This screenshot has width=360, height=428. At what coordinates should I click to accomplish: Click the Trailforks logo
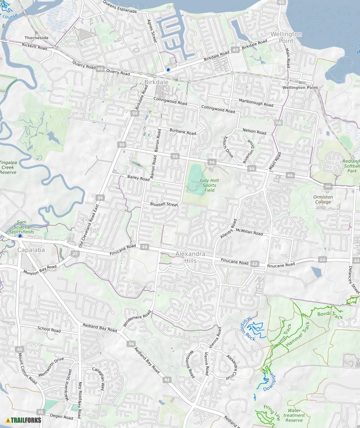tap(24, 420)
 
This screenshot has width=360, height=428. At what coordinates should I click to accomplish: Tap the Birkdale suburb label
tap(156, 82)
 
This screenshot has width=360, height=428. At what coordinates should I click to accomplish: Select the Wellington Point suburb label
tap(287, 37)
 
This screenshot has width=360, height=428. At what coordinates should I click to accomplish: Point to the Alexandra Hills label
tap(191, 257)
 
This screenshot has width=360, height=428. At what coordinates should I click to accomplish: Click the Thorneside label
tap(36, 38)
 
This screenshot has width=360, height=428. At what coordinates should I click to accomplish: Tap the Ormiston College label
tap(323, 200)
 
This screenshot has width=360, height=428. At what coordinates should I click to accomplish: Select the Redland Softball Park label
tap(351, 166)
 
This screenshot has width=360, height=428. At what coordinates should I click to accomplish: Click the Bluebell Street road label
tap(164, 204)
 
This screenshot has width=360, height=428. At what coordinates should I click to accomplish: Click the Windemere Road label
tap(137, 318)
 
